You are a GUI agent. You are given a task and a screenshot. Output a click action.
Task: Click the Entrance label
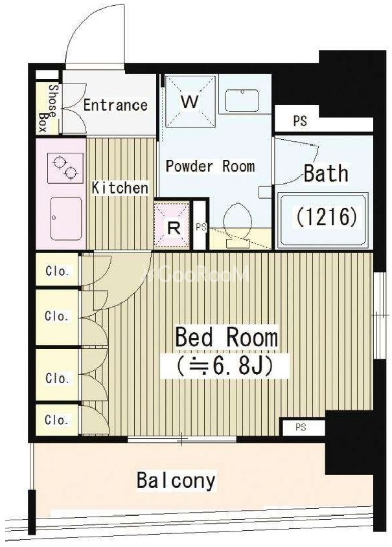click(115, 105)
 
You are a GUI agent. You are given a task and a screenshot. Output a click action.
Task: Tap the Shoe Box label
click(48, 108)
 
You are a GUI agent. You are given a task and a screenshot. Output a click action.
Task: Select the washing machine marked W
click(190, 102)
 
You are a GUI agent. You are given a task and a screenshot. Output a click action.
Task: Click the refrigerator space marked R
click(173, 225)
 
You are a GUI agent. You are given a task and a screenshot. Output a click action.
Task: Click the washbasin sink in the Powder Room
click(242, 100)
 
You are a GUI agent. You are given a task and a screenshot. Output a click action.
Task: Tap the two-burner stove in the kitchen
click(65, 168)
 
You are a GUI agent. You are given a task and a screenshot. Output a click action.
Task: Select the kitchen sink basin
click(66, 218)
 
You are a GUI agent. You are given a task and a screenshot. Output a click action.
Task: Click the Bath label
click(326, 173)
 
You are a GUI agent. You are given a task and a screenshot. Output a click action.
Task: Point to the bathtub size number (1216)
click(327, 217)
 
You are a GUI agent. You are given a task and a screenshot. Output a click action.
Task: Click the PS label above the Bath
click(300, 120)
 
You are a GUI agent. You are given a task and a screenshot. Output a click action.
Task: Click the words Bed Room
click(227, 337)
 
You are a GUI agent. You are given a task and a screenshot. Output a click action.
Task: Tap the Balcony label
click(176, 481)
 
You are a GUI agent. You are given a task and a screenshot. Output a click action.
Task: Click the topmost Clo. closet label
click(56, 271)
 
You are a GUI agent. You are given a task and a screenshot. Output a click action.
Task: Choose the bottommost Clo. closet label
click(56, 420)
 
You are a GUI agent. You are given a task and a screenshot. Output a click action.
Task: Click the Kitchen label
click(120, 188)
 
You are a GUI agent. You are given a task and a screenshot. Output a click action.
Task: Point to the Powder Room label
click(210, 166)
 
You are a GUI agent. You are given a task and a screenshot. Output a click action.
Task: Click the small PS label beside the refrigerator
click(201, 227)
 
